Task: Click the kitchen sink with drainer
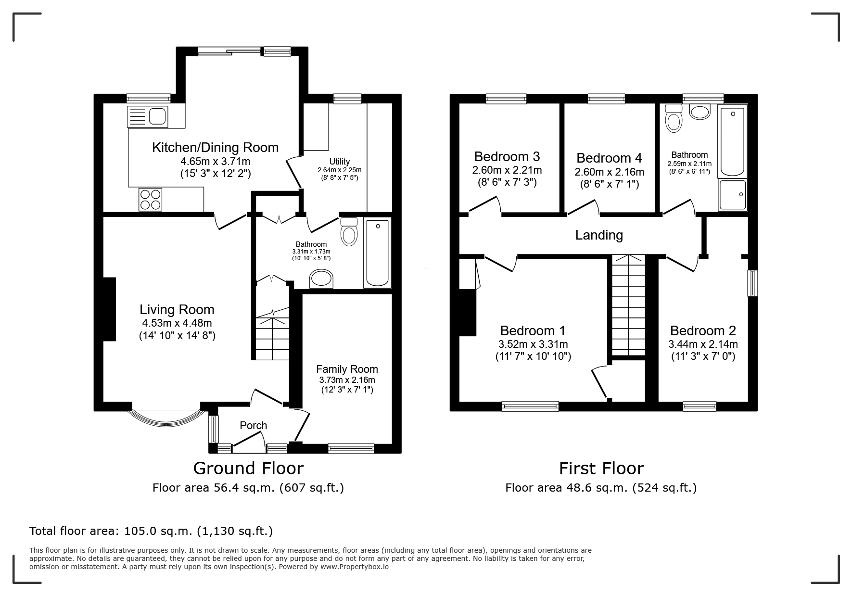click(x=148, y=116)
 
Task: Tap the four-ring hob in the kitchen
click(x=150, y=199)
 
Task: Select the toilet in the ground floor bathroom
click(x=349, y=231)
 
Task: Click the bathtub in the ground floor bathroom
click(x=378, y=253)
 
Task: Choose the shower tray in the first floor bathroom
click(x=733, y=195)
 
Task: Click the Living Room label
click(x=177, y=309)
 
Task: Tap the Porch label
click(x=254, y=425)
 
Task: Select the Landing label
click(x=599, y=235)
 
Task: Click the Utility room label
click(x=340, y=162)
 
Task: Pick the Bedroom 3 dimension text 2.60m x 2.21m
click(x=507, y=170)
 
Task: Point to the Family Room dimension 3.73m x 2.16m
click(x=347, y=380)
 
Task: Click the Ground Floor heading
click(x=248, y=468)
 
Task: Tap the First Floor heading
click(x=601, y=468)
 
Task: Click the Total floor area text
click(x=151, y=531)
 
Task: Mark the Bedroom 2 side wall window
click(x=752, y=283)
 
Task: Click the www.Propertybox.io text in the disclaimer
click(x=355, y=567)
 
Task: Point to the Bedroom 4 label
click(x=609, y=158)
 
